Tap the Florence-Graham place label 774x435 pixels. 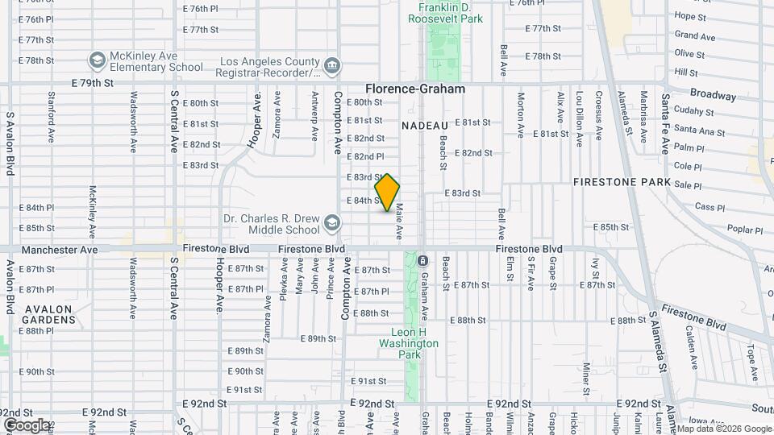pos(415,89)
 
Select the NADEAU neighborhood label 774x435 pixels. pos(424,126)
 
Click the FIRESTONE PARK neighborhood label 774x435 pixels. pos(622,183)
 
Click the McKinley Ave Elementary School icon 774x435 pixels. pos(97,61)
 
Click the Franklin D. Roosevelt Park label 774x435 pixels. pos(451,12)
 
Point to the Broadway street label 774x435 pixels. pos(713,95)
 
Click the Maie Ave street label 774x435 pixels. pos(398,220)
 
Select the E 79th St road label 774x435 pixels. pos(92,83)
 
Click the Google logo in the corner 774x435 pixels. pos(27,425)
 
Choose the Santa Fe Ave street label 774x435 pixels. pos(665,123)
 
